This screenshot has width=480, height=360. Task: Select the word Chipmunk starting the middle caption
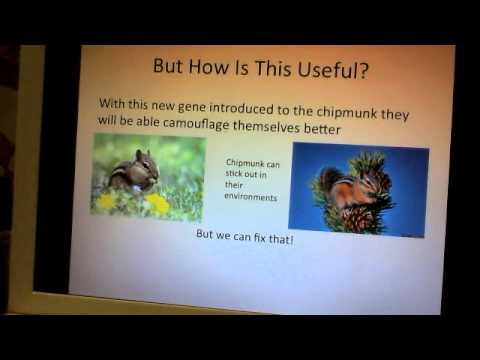(x=246, y=161)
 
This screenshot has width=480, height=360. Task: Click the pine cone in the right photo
(x=357, y=217)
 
